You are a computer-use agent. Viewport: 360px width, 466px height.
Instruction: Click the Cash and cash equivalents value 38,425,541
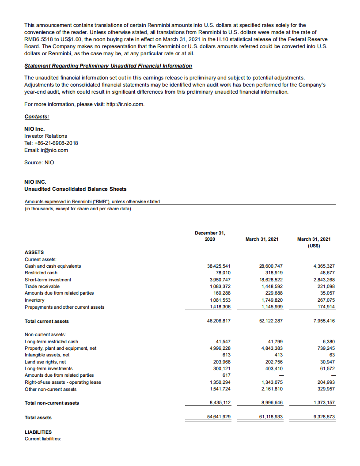pyautogui.click(x=219, y=266)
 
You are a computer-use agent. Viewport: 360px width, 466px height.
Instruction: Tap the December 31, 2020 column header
pyautogui.click(x=210, y=236)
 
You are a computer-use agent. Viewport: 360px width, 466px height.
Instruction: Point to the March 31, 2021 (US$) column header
pyautogui.click(x=314, y=242)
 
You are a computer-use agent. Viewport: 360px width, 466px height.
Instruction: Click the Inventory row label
pyautogui.click(x=34, y=300)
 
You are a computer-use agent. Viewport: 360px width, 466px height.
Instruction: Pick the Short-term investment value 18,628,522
pyautogui.click(x=271, y=280)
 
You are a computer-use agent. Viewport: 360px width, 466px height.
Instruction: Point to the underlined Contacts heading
pyautogui.click(x=37, y=117)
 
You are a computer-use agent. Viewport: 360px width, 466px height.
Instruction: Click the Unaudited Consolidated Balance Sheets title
pyautogui.click(x=76, y=189)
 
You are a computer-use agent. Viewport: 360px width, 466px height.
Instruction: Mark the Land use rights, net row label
pyautogui.click(x=45, y=361)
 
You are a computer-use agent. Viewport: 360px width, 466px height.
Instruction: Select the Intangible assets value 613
pyautogui.click(x=227, y=355)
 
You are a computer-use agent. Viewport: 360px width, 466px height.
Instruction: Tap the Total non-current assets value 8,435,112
pyautogui.click(x=219, y=403)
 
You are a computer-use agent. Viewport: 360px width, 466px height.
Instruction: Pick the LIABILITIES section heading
pyautogui.click(x=38, y=432)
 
